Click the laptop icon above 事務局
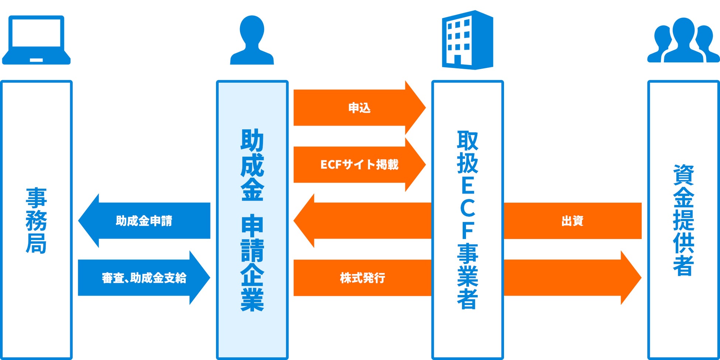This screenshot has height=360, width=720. [36, 40]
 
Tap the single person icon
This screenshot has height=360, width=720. [252, 41]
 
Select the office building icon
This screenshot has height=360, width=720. [467, 40]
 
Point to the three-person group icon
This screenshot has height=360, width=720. [683, 41]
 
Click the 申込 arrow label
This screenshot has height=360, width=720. [359, 108]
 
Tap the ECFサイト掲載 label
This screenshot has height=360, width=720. [359, 165]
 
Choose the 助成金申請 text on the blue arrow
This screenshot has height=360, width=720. [144, 221]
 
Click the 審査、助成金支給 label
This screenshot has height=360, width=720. [144, 278]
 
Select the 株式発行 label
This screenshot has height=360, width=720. [362, 278]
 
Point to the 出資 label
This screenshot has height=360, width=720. [572, 221]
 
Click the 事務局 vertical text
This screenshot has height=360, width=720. [36, 220]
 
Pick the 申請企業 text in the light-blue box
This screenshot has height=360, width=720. [252, 263]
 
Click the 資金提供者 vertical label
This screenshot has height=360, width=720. [683, 220]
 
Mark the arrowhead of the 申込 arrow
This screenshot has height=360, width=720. [415, 108]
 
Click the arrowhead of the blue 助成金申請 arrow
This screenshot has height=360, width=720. [89, 221]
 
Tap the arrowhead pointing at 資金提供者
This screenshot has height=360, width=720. [631, 278]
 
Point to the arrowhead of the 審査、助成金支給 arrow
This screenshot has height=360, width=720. [199, 278]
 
